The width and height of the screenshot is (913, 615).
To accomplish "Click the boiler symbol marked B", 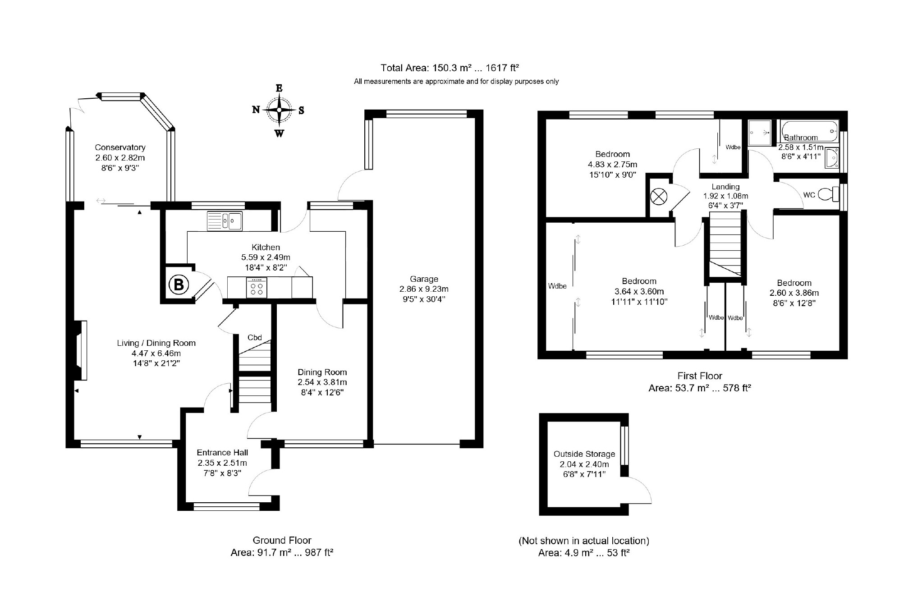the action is coord(179,285).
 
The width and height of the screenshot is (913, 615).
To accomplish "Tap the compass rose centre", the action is coord(279,110).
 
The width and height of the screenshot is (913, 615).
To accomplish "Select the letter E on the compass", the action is coord(279,88).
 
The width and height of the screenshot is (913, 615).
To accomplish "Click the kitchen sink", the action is coord(225,221).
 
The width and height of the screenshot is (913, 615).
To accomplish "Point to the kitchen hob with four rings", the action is coord(257,287).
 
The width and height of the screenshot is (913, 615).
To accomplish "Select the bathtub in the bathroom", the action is coord(809,131).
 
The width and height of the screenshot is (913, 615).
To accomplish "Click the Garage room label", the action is coord(424,279).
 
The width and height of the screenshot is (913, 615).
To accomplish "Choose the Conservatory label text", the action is coord(120,147).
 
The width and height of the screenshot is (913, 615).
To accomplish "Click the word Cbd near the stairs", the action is coord(255,337).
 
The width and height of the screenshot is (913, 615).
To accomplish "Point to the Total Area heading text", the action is coord(450,68).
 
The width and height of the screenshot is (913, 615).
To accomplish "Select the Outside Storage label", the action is coord(584,454).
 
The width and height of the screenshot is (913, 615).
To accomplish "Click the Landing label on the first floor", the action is coord(725,187).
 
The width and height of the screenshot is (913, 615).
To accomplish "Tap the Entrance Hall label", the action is coord(222,453).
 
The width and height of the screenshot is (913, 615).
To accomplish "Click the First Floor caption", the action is coord(700,376).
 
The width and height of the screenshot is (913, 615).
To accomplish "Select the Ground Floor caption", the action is coord(282,540).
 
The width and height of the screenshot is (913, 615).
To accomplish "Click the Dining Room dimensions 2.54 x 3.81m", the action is coord(322,382).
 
